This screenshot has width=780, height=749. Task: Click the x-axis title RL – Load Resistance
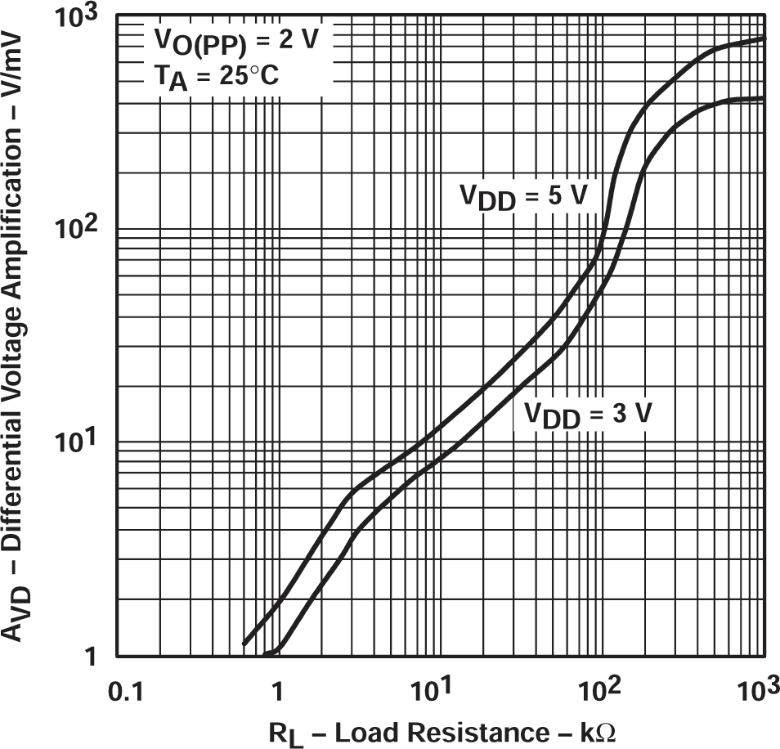point(383,730)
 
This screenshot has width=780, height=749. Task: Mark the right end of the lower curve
point(764,98)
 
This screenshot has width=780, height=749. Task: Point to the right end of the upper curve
point(764,38)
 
